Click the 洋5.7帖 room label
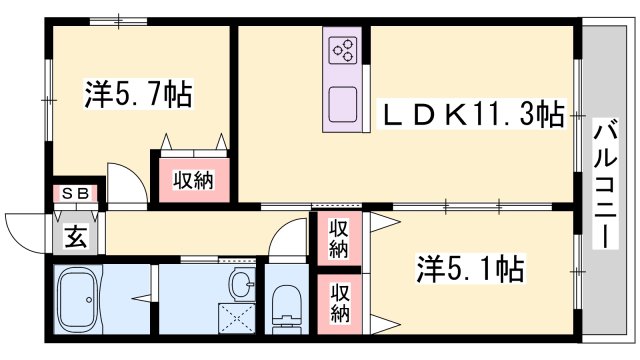(x=138, y=94)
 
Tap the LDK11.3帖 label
(x=472, y=114)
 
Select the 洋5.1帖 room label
(x=470, y=269)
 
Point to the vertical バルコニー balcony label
(x=605, y=184)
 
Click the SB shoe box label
(x=76, y=194)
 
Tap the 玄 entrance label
(x=76, y=237)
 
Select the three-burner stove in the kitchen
(x=344, y=50)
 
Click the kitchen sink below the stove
(x=343, y=104)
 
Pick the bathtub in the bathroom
(x=78, y=299)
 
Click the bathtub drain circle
(x=89, y=300)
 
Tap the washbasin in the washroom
(x=242, y=282)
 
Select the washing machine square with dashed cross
(x=237, y=317)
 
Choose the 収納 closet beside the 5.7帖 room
(x=193, y=180)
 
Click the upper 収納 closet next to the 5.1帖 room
(x=340, y=238)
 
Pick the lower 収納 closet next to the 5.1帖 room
(x=340, y=304)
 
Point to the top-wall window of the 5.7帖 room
(x=118, y=21)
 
